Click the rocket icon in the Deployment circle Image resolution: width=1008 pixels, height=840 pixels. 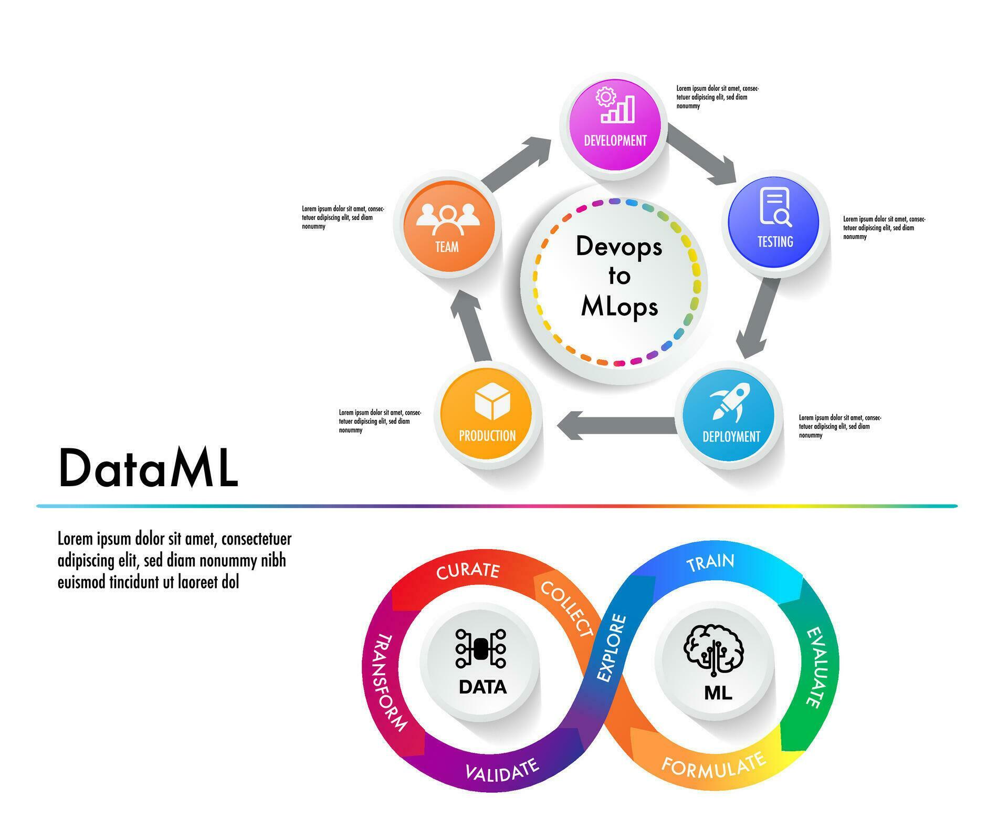click(731, 402)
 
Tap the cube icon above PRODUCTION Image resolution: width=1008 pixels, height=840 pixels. click(492, 403)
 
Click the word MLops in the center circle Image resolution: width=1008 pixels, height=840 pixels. click(619, 307)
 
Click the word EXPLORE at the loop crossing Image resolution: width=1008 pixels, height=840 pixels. click(612, 648)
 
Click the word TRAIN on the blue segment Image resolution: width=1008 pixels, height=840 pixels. click(710, 562)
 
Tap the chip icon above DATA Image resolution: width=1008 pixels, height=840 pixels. click(480, 648)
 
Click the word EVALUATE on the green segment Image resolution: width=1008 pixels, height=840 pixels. click(815, 667)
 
